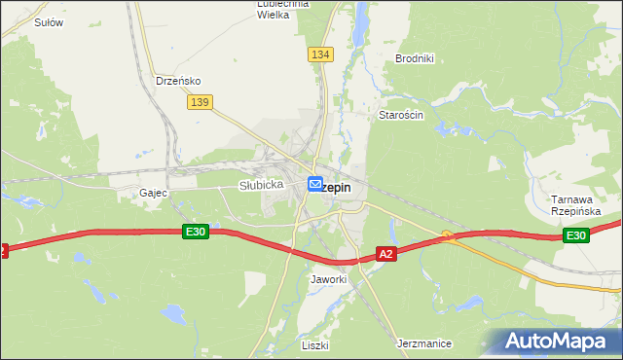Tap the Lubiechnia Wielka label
pos(282,9)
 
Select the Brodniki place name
pos(414,58)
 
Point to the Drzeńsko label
pos(178,81)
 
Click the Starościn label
pos(400,114)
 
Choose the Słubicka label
pos(261,184)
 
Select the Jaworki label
pos(328,279)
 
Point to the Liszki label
pos(315,345)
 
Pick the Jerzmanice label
pos(425,343)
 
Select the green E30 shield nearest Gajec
pos(195,232)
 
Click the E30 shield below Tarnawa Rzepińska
pos(575,235)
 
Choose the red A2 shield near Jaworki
pos(386,254)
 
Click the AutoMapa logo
pos(558,342)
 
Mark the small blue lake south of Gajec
pos(174,313)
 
